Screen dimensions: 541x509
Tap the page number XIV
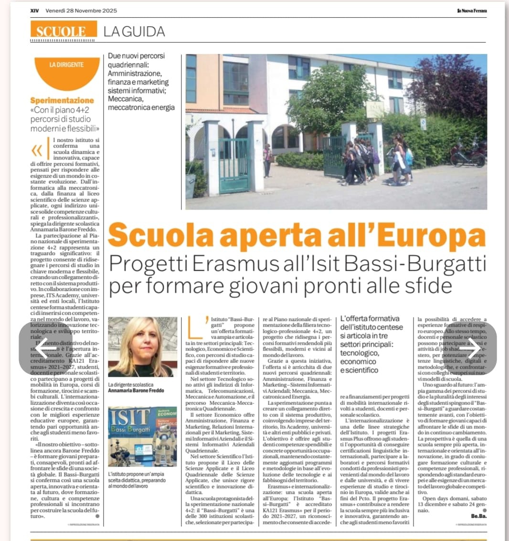(x=34, y=11)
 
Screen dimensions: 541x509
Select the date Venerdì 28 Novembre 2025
(x=81, y=11)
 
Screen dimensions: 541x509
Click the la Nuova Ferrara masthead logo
(x=472, y=11)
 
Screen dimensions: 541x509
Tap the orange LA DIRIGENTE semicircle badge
(x=67, y=70)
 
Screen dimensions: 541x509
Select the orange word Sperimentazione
(x=62, y=100)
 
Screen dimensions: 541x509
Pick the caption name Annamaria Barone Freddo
(x=137, y=390)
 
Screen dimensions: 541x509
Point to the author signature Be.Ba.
(x=478, y=516)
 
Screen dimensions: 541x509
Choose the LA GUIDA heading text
(x=134, y=31)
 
